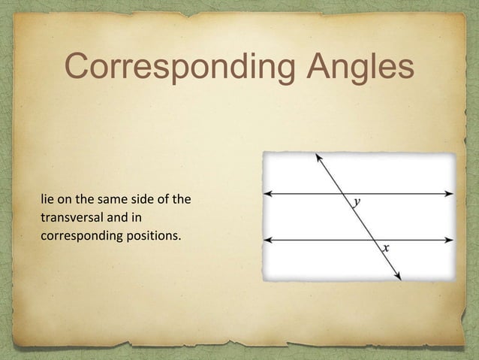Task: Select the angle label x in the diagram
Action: coord(386,247)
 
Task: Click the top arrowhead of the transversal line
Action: coord(319,158)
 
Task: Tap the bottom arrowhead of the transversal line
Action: coord(398,276)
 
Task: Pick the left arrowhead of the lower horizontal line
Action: coord(269,241)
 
